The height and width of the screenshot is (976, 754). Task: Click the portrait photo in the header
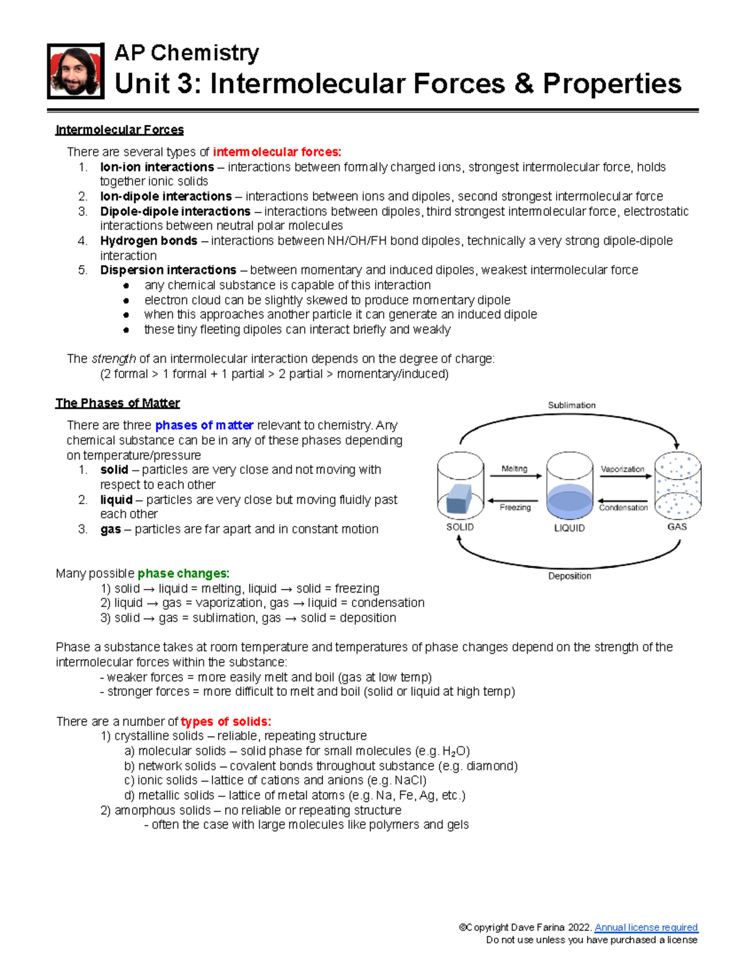pyautogui.click(x=75, y=71)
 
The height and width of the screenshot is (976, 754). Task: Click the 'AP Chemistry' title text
pyautogui.click(x=187, y=53)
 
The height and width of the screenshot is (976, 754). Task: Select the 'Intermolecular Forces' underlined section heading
pyautogui.click(x=119, y=130)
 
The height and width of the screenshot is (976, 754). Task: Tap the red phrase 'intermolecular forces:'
pyautogui.click(x=277, y=152)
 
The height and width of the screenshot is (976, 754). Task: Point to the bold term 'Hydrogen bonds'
pyautogui.click(x=148, y=241)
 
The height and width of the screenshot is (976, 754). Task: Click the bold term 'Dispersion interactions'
pyautogui.click(x=168, y=270)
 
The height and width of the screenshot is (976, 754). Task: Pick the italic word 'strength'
pyautogui.click(x=114, y=359)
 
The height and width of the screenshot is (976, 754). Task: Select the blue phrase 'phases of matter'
pyautogui.click(x=204, y=425)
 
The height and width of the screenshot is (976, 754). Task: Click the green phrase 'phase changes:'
pyautogui.click(x=183, y=574)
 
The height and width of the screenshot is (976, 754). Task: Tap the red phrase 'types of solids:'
pyautogui.click(x=226, y=721)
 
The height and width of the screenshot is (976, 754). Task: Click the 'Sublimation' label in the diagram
pyautogui.click(x=571, y=405)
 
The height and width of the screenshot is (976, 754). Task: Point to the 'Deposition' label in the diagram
pyautogui.click(x=569, y=576)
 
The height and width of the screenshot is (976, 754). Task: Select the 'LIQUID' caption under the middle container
pyautogui.click(x=569, y=528)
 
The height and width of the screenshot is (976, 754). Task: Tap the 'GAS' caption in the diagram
pyautogui.click(x=677, y=527)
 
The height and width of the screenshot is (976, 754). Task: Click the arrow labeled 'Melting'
pyautogui.click(x=515, y=476)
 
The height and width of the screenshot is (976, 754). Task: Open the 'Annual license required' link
pyautogui.click(x=646, y=928)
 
